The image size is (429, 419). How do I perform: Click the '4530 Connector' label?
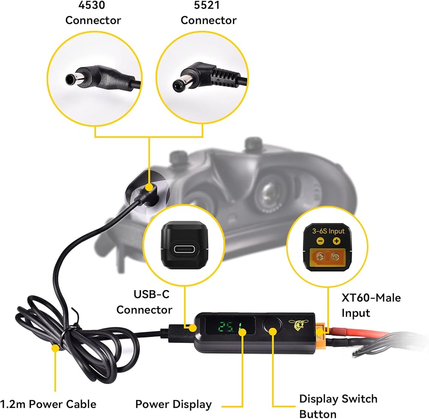(93, 15)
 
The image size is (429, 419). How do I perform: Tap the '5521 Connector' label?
(208, 15)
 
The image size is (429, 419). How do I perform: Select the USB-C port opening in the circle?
(184, 248)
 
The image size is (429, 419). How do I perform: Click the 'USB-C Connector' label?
(144, 302)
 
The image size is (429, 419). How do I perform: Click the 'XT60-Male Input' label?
(371, 305)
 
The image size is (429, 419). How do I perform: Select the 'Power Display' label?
(173, 404)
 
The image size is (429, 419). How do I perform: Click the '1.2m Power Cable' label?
(48, 404)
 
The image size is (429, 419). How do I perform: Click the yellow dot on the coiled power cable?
(55, 348)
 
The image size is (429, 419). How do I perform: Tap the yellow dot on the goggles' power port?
(150, 187)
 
